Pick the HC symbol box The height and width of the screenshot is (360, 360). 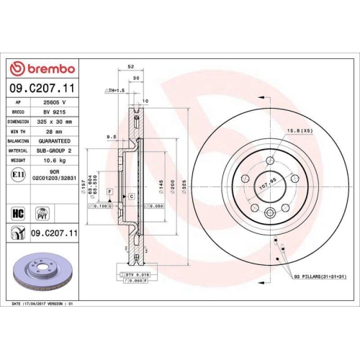[x=17, y=213]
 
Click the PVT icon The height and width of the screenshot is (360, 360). [x=41, y=213]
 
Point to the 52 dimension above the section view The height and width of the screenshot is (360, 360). [x=130, y=66]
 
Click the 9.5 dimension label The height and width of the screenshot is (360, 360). [x=112, y=136]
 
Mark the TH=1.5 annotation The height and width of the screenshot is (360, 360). [x=115, y=91]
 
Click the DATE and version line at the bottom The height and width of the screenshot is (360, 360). [x=43, y=305]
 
